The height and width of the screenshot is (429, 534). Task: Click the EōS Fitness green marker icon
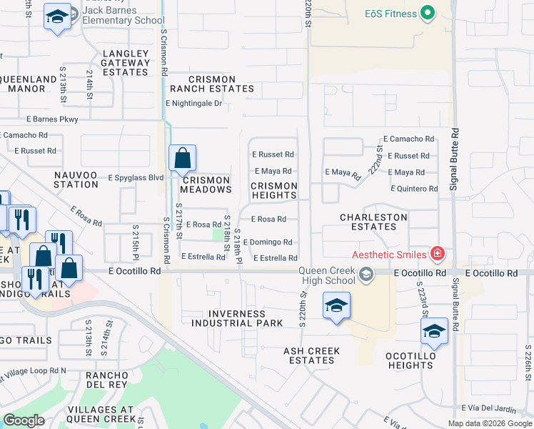(428, 12)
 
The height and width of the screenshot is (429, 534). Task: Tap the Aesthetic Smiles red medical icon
(438, 254)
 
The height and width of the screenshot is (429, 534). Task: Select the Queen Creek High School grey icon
(366, 275)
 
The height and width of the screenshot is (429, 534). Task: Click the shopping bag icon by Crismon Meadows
(182, 157)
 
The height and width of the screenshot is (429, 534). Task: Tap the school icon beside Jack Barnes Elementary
(57, 17)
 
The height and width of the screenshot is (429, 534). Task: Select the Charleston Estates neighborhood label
(373, 222)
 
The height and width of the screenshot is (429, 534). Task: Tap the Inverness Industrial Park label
(236, 318)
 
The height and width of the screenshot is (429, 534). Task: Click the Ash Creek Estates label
(311, 356)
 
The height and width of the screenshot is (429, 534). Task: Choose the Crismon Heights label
(273, 190)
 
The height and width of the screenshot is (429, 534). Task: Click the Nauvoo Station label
(76, 179)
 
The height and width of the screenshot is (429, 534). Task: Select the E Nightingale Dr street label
(193, 104)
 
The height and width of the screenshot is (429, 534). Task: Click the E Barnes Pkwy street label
(51, 119)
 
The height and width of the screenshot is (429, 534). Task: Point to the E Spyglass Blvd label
(136, 177)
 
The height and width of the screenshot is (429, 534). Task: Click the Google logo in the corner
(24, 420)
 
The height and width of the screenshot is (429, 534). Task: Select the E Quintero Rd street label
(414, 189)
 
